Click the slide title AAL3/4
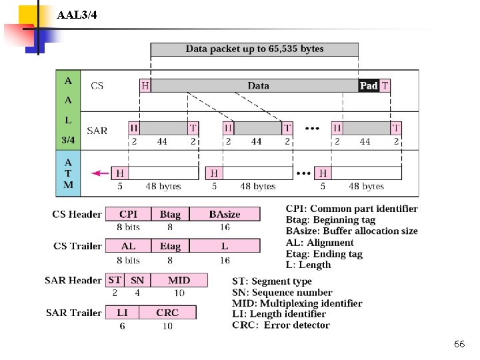[x=77, y=15]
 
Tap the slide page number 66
[x=459, y=344]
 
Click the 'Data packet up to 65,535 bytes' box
[x=254, y=49]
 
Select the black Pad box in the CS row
[x=369, y=85]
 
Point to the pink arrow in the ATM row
[x=101, y=173]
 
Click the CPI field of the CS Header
[x=129, y=214]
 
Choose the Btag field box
[x=170, y=214]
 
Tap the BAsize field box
[x=225, y=214]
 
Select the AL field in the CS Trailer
[x=129, y=246]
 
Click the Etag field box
[x=170, y=246]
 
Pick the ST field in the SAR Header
[x=115, y=280]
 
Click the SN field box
[x=137, y=280]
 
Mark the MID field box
[x=179, y=280]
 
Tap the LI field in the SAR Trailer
[x=122, y=312]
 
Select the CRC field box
[x=167, y=312]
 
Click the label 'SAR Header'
[x=73, y=281]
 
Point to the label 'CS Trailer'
[x=77, y=246]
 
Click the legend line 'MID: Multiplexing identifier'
[x=297, y=303]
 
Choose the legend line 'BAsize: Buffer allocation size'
[x=352, y=231]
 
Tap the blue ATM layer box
[x=68, y=173]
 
